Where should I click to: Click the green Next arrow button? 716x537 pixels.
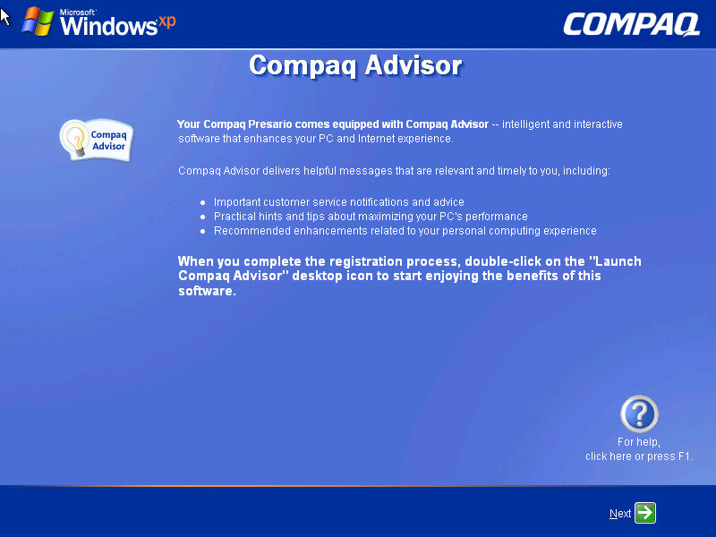point(645,512)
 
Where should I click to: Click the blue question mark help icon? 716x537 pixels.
point(639,413)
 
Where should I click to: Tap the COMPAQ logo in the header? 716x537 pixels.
point(632,24)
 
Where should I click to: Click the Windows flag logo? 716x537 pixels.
point(38,21)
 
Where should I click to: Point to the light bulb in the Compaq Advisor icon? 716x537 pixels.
point(75,140)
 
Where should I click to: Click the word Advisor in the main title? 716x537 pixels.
point(413,65)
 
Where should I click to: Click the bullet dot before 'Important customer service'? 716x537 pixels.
point(203,203)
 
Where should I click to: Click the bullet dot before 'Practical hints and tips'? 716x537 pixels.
point(203,217)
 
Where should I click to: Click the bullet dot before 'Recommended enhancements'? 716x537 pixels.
point(203,232)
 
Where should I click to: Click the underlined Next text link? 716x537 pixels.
point(620,514)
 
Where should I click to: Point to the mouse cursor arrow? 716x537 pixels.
point(4,17)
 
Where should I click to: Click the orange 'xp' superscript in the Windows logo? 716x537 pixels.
point(166,21)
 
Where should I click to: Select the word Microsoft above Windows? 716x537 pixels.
point(77,13)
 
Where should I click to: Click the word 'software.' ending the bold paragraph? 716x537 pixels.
point(207,291)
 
